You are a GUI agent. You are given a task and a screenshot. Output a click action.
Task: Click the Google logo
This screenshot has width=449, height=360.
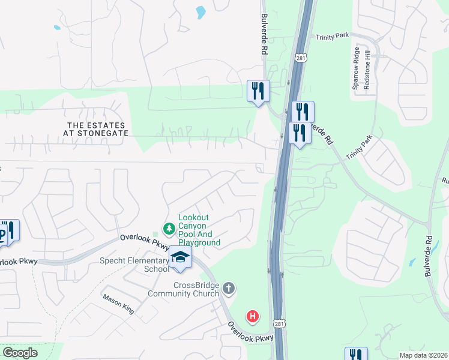tap(20, 353)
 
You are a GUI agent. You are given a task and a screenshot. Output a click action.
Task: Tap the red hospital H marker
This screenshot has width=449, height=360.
tap(253, 316)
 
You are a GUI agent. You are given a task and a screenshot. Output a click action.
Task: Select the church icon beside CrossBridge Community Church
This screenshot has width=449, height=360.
tap(228, 289)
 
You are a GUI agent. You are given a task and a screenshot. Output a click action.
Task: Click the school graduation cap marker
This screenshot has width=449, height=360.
tap(179, 257)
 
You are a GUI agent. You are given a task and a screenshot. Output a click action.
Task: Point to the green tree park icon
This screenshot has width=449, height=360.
tap(169, 229)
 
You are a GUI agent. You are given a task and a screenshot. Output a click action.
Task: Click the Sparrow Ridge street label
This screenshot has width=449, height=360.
tap(355, 68)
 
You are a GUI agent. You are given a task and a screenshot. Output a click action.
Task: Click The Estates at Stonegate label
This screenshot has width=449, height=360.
tap(98, 128)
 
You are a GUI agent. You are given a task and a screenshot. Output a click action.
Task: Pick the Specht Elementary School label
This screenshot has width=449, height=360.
tap(135, 265)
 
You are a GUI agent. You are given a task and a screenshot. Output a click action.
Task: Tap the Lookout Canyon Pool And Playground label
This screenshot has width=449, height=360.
tap(199, 230)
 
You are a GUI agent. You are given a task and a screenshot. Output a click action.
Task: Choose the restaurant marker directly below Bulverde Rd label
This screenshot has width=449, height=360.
tap(258, 91)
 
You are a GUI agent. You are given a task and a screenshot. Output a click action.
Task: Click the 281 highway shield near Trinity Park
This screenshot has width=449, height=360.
tap(301, 58)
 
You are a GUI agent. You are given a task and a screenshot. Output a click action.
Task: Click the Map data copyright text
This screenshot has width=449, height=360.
tap(424, 355)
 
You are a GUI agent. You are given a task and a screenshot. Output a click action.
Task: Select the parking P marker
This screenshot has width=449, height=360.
tap(3, 232)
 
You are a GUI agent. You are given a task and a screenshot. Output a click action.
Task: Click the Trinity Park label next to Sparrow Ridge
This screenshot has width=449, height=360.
tap(333, 37)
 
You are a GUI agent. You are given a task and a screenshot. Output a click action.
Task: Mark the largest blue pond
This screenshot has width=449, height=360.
tap(200, 12)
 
